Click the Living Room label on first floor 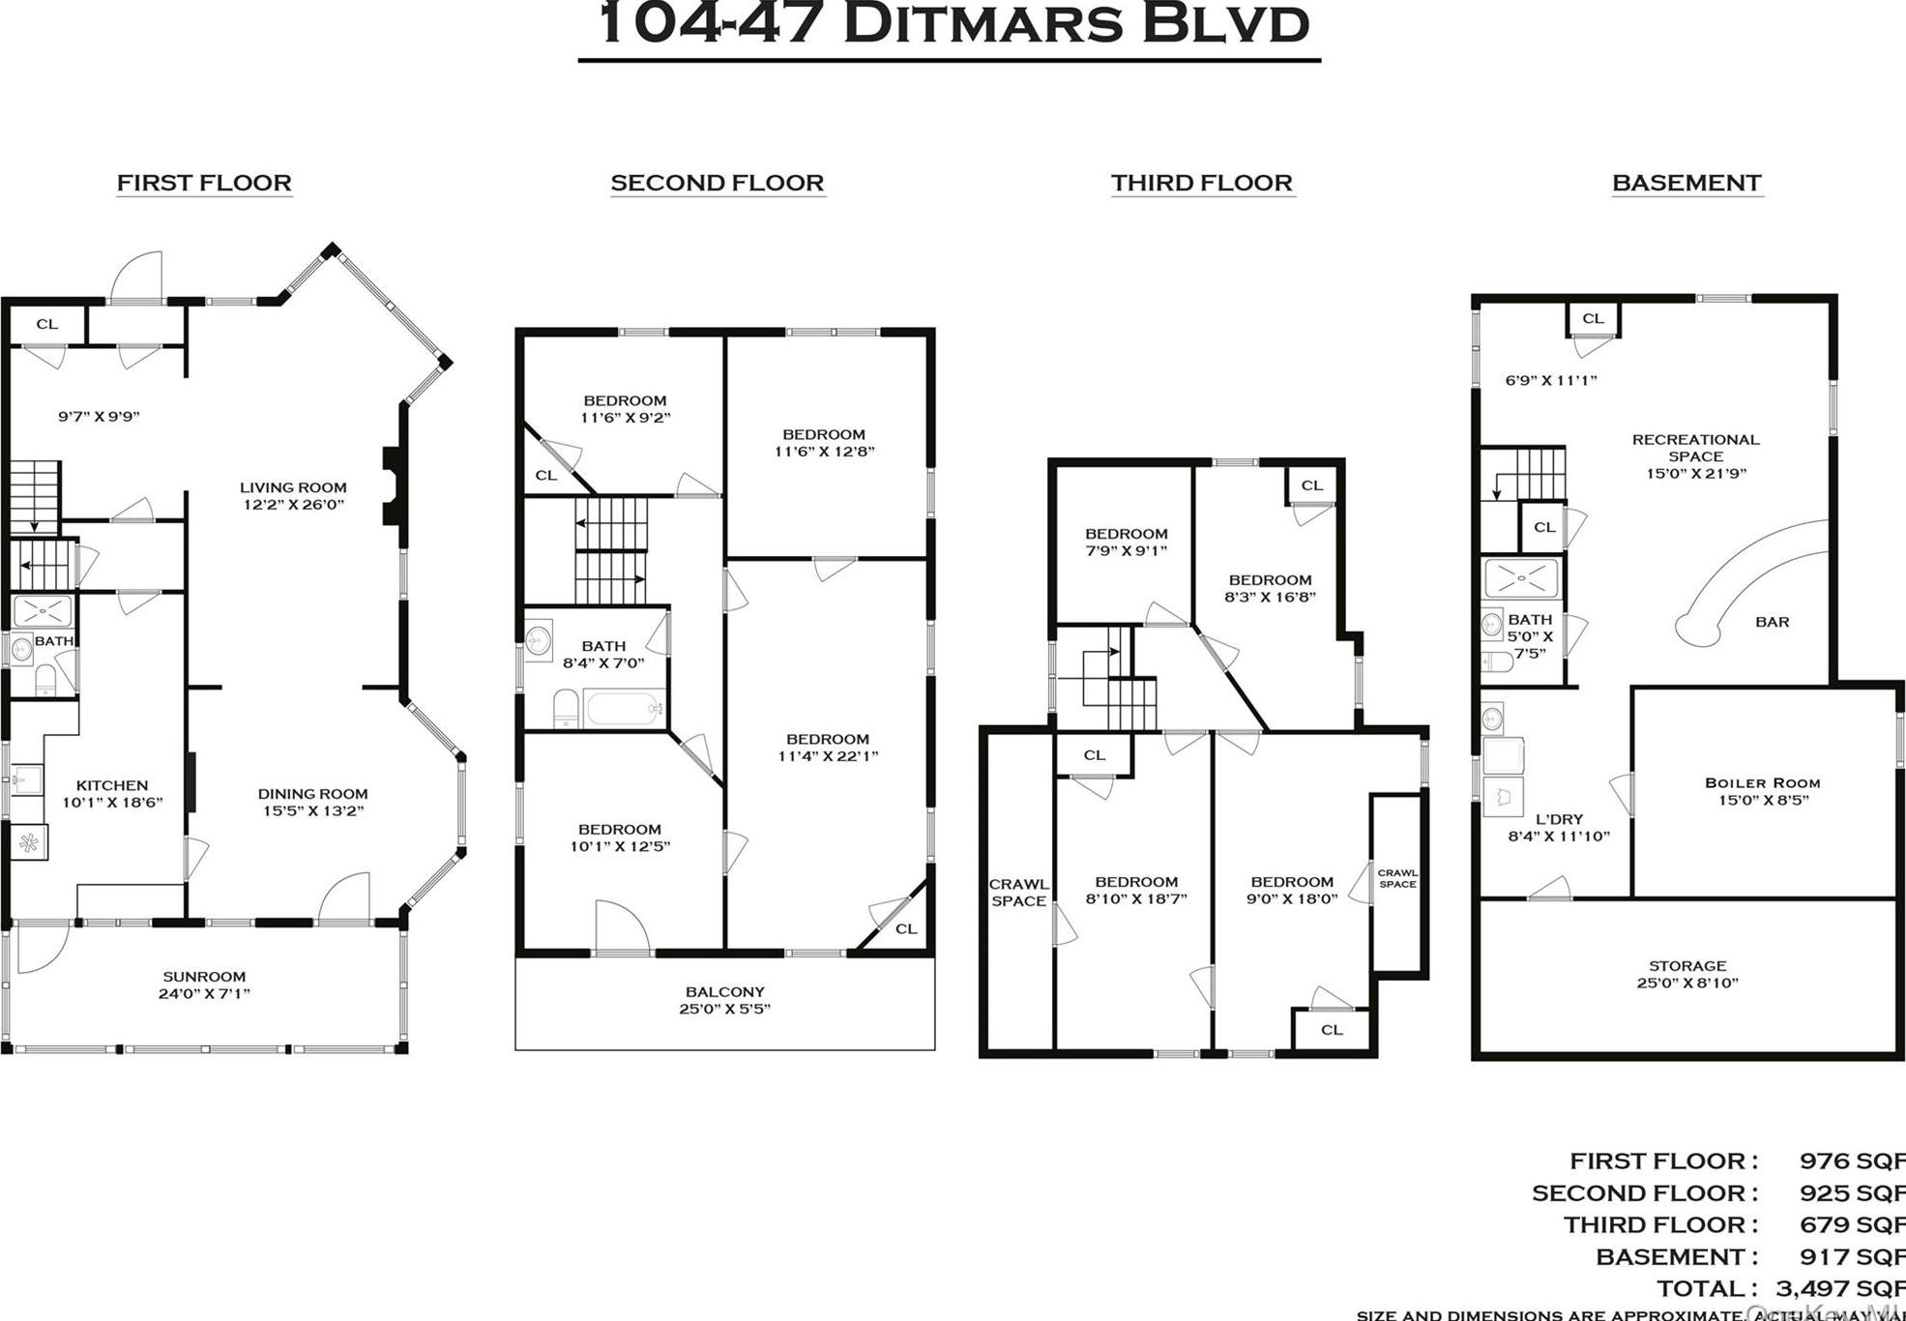(x=293, y=487)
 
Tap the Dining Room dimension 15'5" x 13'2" (x=313, y=811)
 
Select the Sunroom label (x=204, y=977)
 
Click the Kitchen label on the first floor (x=112, y=785)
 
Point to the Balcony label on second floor (x=724, y=991)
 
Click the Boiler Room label (x=1762, y=782)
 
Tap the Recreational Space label (x=1695, y=447)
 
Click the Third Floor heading (x=1201, y=183)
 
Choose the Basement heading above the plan (x=1686, y=183)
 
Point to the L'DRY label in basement (x=1559, y=819)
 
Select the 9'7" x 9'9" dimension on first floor (x=99, y=417)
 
